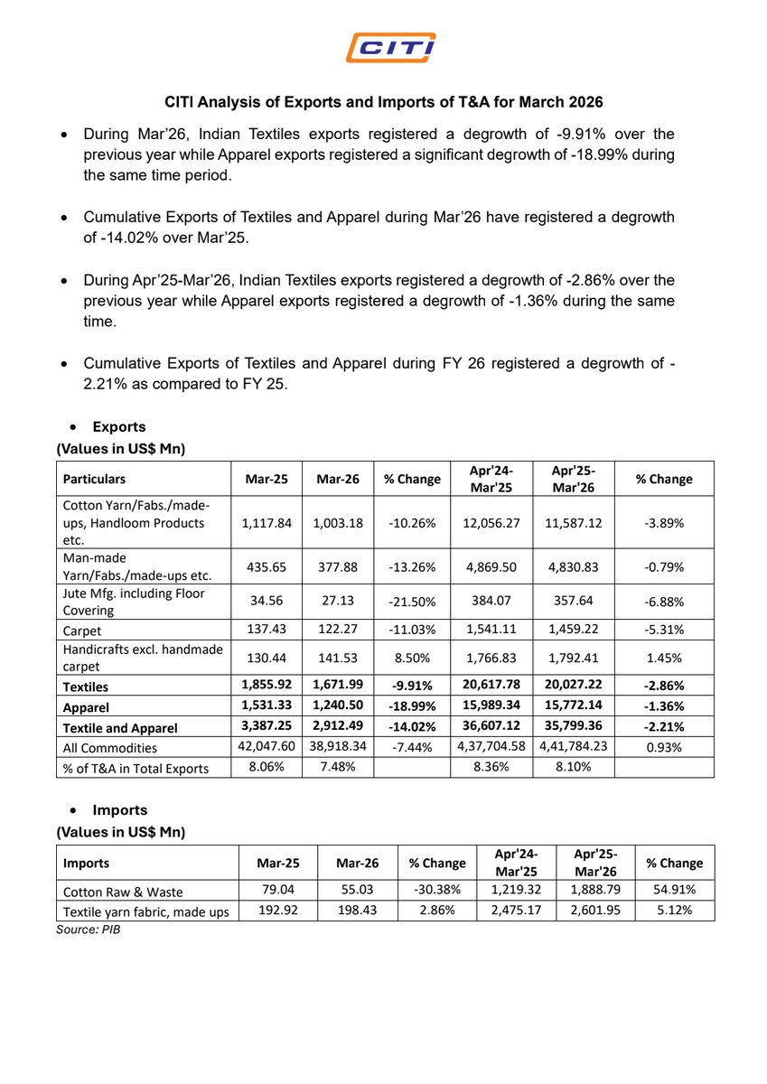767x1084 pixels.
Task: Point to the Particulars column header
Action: (95, 479)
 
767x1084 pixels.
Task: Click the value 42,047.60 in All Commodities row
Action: (266, 747)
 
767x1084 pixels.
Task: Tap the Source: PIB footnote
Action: (89, 930)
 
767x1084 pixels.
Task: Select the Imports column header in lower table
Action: (87, 863)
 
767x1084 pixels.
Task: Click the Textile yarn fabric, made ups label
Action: (145, 911)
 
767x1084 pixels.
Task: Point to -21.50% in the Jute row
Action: (412, 600)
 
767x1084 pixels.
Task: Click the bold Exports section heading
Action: (118, 426)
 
